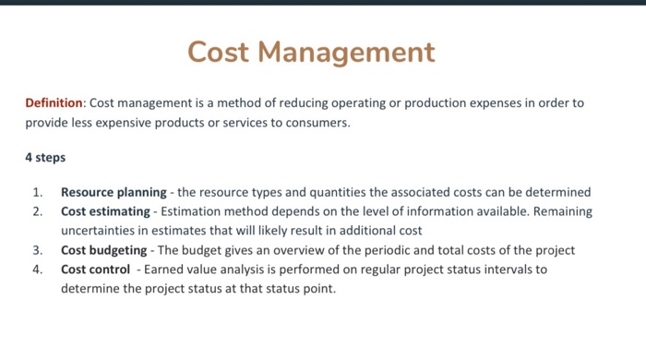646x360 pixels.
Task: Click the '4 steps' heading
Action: (45, 157)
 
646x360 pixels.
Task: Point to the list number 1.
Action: (37, 193)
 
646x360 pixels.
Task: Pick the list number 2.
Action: (37, 211)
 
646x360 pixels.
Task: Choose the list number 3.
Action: (37, 250)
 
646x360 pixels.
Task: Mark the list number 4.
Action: (37, 270)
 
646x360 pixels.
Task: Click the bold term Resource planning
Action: (114, 193)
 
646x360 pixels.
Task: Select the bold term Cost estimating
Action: (104, 211)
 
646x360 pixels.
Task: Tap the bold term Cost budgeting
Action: (103, 250)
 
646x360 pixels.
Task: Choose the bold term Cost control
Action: (96, 270)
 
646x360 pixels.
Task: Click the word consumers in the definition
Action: (318, 122)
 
